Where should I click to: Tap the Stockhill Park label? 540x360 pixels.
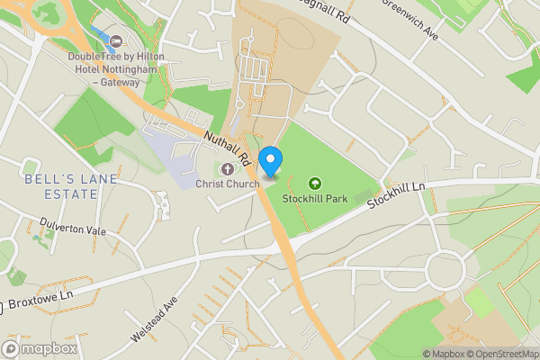(314, 198)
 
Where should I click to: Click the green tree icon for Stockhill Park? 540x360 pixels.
(315, 183)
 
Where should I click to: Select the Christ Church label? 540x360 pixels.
(228, 184)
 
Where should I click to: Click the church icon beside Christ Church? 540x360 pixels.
(226, 168)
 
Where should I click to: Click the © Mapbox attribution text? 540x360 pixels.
(442, 353)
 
